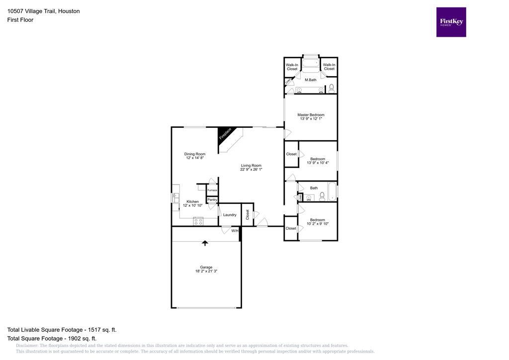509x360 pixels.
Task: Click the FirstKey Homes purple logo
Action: pos(451,22)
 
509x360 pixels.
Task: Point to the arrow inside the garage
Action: pos(205,243)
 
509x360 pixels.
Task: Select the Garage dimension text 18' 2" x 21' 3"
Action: pos(206,271)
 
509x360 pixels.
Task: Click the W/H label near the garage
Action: pos(235,231)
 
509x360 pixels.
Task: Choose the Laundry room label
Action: pos(230,215)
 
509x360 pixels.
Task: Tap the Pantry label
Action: pos(212,200)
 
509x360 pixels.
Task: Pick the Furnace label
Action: pos(212,190)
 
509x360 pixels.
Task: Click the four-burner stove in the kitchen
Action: pos(198,221)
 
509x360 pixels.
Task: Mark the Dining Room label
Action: pos(195,154)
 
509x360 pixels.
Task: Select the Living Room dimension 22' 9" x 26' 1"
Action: pos(251,170)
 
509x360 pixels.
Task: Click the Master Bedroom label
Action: pos(311,115)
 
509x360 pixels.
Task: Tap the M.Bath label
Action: pos(311,80)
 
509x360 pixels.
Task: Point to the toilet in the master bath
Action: pos(332,89)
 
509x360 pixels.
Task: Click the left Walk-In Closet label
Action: pos(292,67)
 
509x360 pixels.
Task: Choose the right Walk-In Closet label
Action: pos(329,67)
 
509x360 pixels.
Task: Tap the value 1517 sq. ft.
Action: pos(101,330)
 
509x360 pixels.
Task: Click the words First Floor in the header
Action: pos(20,20)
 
